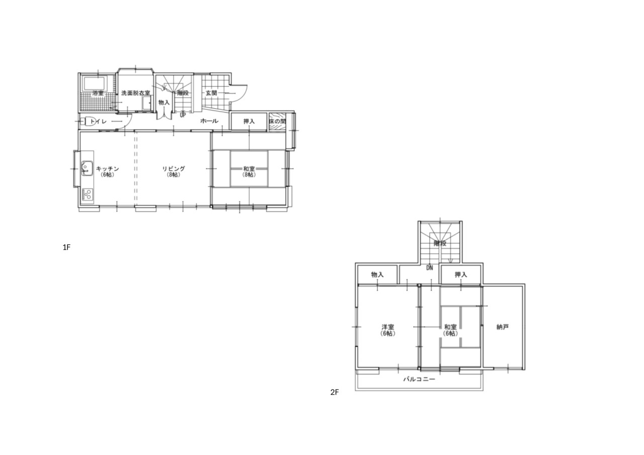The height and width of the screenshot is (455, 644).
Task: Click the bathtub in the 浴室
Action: coord(95,83)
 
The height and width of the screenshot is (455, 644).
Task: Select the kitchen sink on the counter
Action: coord(87,168)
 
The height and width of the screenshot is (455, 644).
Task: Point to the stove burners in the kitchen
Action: coord(87,194)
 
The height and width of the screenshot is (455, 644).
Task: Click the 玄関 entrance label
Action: coord(211,93)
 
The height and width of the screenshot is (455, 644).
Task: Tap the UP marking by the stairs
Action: coord(183,115)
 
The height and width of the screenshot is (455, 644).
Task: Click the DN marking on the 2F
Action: coord(430,268)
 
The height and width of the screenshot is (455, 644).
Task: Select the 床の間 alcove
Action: coord(277,122)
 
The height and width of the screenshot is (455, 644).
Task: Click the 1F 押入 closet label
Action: coord(249,121)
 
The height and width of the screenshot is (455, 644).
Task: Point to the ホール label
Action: coord(209,121)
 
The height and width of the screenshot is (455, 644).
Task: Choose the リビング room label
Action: coord(174,169)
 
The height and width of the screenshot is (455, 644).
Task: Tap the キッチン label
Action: coord(107,169)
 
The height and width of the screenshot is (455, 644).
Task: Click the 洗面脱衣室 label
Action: coord(136,93)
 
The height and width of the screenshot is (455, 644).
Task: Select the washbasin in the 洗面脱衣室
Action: coord(147,103)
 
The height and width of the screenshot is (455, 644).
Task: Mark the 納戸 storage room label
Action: coord(503,327)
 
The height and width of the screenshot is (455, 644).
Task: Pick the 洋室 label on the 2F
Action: coord(387,327)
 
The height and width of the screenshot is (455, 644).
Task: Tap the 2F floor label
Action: coord(335,392)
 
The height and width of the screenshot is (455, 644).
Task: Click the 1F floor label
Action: coord(66,247)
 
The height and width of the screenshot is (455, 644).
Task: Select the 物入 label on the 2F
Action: coord(377,275)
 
